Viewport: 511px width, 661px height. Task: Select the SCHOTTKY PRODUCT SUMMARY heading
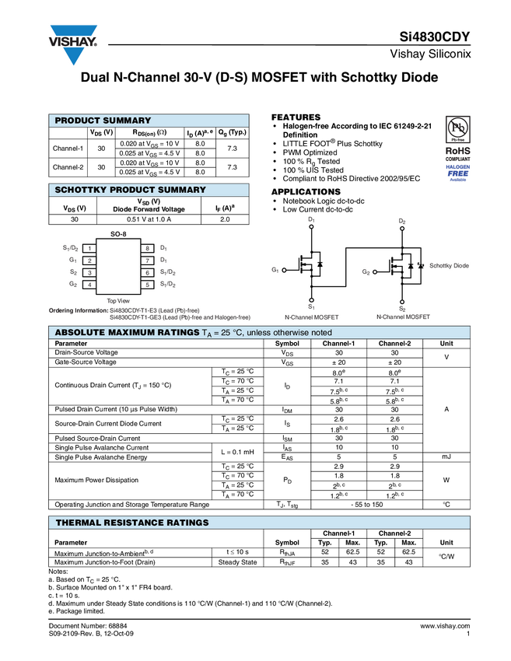click(130, 190)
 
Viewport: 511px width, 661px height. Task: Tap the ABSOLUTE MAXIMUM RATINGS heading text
click(127, 333)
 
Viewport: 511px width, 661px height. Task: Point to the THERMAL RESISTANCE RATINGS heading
click(132, 523)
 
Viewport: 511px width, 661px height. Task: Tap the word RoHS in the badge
click(458, 151)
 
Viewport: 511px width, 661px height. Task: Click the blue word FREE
click(458, 173)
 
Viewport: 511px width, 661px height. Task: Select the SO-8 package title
click(118, 233)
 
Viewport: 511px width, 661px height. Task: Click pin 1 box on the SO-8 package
click(89, 248)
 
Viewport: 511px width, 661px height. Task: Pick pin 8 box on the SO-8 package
click(147, 248)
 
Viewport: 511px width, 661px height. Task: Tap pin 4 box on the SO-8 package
click(89, 285)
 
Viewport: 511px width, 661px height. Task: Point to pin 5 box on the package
click(147, 285)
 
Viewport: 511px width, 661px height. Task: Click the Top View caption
click(118, 300)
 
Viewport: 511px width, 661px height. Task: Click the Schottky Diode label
click(450, 266)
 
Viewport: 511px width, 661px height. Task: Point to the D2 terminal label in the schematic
click(402, 221)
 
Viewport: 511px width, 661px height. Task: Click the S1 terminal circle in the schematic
click(311, 299)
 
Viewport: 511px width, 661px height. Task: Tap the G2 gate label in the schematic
click(366, 272)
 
